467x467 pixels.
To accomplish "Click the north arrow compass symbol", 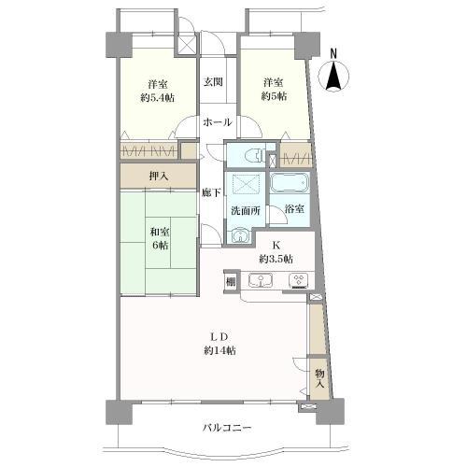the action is tap(333, 77).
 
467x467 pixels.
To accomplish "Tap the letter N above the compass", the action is tap(333, 53).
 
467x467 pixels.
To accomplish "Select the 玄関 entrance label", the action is tap(213, 82).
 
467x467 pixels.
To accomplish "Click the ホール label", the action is tap(218, 122).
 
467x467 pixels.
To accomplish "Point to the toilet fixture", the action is tap(255, 155).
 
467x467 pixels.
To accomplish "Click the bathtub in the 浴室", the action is tap(290, 183).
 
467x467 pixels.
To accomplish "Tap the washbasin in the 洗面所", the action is tap(240, 235).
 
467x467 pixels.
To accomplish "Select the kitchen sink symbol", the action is tap(261, 280).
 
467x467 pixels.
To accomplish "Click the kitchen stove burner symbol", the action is tap(299, 280).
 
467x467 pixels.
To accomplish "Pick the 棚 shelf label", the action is tap(231, 282).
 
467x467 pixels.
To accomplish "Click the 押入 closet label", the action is tap(159, 177).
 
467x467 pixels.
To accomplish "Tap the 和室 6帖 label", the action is tap(160, 239).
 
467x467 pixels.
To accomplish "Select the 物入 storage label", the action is tap(319, 378).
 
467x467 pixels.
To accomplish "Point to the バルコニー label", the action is tap(227, 428).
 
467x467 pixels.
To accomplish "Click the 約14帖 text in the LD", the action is tap(219, 351).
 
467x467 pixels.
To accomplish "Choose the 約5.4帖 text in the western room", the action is tap(157, 98).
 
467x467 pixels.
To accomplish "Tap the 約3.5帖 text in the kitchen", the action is tap(276, 259).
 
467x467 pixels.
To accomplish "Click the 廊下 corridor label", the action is tap(211, 193).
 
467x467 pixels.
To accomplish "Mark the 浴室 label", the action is tap(294, 209).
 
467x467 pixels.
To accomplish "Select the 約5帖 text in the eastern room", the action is tap(274, 96).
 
